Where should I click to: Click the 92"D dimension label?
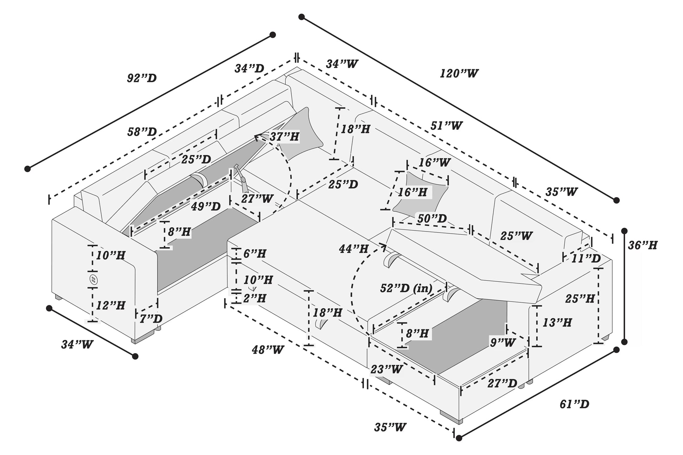pyautogui.click(x=142, y=78)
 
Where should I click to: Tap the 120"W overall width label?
pyautogui.click(x=459, y=73)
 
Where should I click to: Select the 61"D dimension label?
pyautogui.click(x=574, y=404)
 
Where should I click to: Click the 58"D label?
pyautogui.click(x=142, y=132)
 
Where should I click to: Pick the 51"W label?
pyautogui.click(x=446, y=125)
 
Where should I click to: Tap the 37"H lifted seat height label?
pyautogui.click(x=284, y=136)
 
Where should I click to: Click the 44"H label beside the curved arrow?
pyautogui.click(x=353, y=249)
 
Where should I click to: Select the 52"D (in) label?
pyautogui.click(x=406, y=288)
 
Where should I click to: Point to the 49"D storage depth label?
pyautogui.click(x=206, y=206)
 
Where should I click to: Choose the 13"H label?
pyautogui.click(x=557, y=322)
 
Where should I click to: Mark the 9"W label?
pyautogui.click(x=503, y=342)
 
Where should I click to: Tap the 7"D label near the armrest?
pyautogui.click(x=151, y=319)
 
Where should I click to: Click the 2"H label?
pyautogui.click(x=254, y=298)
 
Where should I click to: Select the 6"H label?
pyautogui.click(x=254, y=253)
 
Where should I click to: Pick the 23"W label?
pyautogui.click(x=386, y=369)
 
